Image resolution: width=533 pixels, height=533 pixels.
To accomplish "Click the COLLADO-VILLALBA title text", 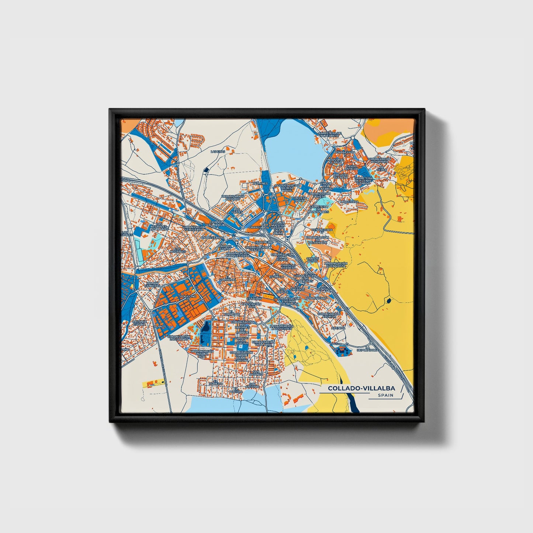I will coord(361,388).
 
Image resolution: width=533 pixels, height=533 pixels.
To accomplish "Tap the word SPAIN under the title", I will coord(385,395).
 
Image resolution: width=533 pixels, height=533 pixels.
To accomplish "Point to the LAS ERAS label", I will coord(217,151).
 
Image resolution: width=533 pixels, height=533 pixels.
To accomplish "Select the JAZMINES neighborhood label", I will coord(260,183).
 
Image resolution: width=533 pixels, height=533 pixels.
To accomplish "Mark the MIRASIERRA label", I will coord(349,202).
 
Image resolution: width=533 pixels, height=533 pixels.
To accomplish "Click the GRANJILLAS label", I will coord(257,227).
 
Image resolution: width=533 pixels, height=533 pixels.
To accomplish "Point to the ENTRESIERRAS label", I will coord(212,238).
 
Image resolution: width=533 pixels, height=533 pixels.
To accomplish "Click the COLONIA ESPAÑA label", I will coord(139,323).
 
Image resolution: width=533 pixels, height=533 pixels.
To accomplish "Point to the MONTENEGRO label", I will coord(316,298).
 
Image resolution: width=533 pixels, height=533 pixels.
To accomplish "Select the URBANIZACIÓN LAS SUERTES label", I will coord(281,328).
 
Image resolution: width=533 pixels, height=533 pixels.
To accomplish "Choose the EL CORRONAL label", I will coord(227,279).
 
